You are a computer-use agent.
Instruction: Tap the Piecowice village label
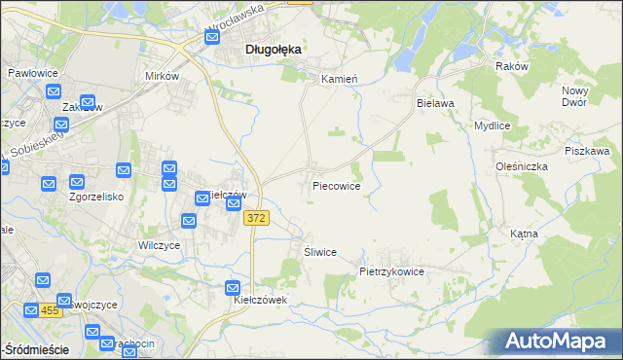(337, 185)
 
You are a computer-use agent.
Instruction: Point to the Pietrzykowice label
(391, 272)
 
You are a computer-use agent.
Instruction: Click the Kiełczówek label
(261, 300)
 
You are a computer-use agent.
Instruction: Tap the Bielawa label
(436, 101)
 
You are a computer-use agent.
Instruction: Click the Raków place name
(511, 66)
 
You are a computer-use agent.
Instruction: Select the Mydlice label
(493, 126)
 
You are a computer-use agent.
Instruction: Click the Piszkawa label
(587, 151)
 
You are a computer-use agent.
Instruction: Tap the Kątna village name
(551, 234)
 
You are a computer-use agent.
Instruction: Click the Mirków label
(162, 75)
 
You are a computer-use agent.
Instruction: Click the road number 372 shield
(256, 219)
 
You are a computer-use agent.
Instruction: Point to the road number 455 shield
(51, 310)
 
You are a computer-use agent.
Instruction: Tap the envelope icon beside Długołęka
(211, 38)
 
